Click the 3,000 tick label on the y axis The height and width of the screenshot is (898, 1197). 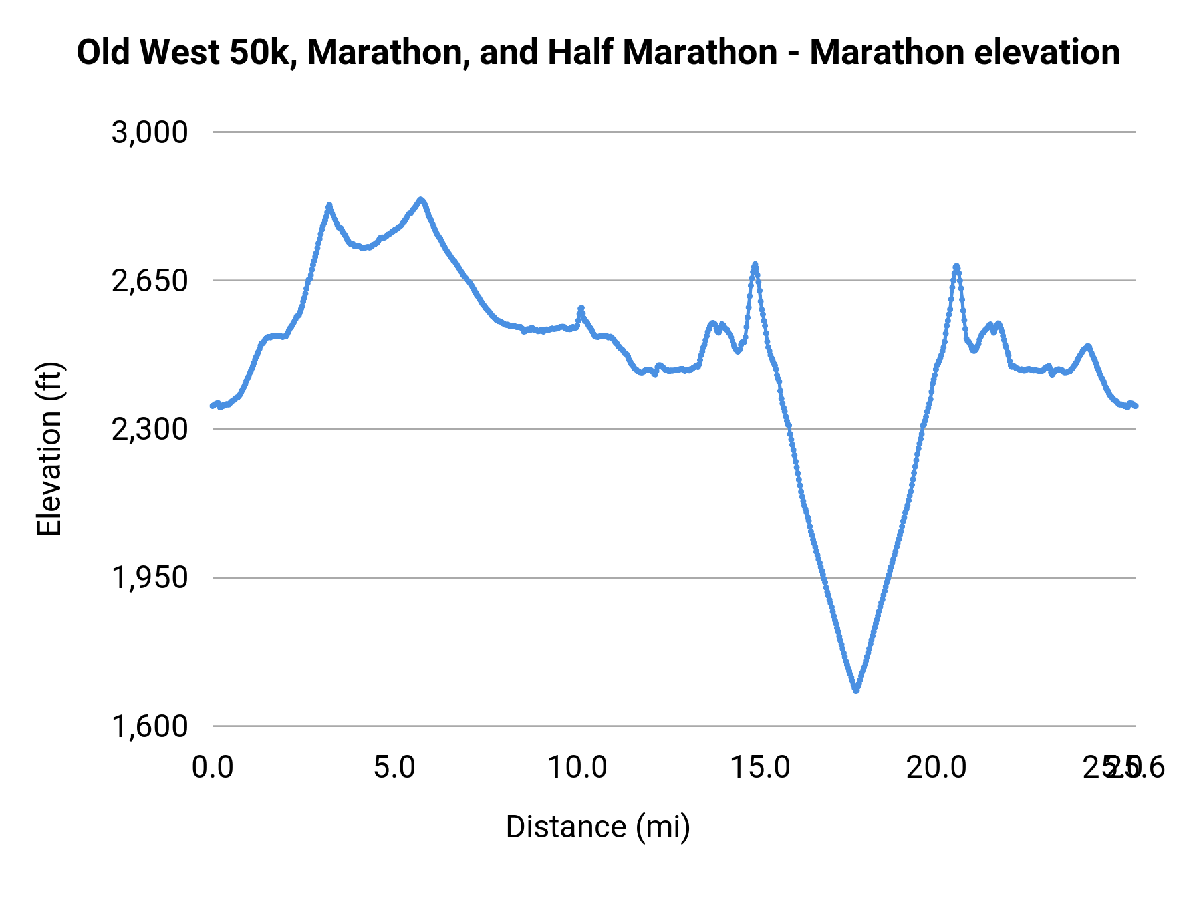point(150,132)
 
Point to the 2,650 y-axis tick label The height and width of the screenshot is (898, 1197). point(150,281)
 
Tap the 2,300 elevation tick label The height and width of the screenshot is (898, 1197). point(150,429)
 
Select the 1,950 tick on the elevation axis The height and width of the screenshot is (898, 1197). point(150,577)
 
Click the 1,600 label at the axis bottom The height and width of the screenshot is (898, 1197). point(150,726)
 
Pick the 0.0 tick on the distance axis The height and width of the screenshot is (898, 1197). point(212,768)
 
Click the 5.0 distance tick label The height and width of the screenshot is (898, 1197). point(394,768)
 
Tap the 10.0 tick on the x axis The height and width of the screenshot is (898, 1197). point(577,768)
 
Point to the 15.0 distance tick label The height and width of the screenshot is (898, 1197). point(760,768)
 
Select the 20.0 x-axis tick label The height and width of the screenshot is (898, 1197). point(936,768)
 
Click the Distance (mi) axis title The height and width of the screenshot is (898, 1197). point(598,827)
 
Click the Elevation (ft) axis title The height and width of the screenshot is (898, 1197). point(49,449)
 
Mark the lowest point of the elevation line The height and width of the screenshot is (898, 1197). point(856,690)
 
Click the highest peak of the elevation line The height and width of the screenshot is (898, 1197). point(420,199)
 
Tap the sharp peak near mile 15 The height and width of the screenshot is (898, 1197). point(755,265)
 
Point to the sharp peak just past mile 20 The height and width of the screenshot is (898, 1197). point(956,266)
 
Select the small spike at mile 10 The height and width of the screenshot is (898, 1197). point(581,308)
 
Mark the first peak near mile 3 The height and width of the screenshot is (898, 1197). point(329,205)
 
